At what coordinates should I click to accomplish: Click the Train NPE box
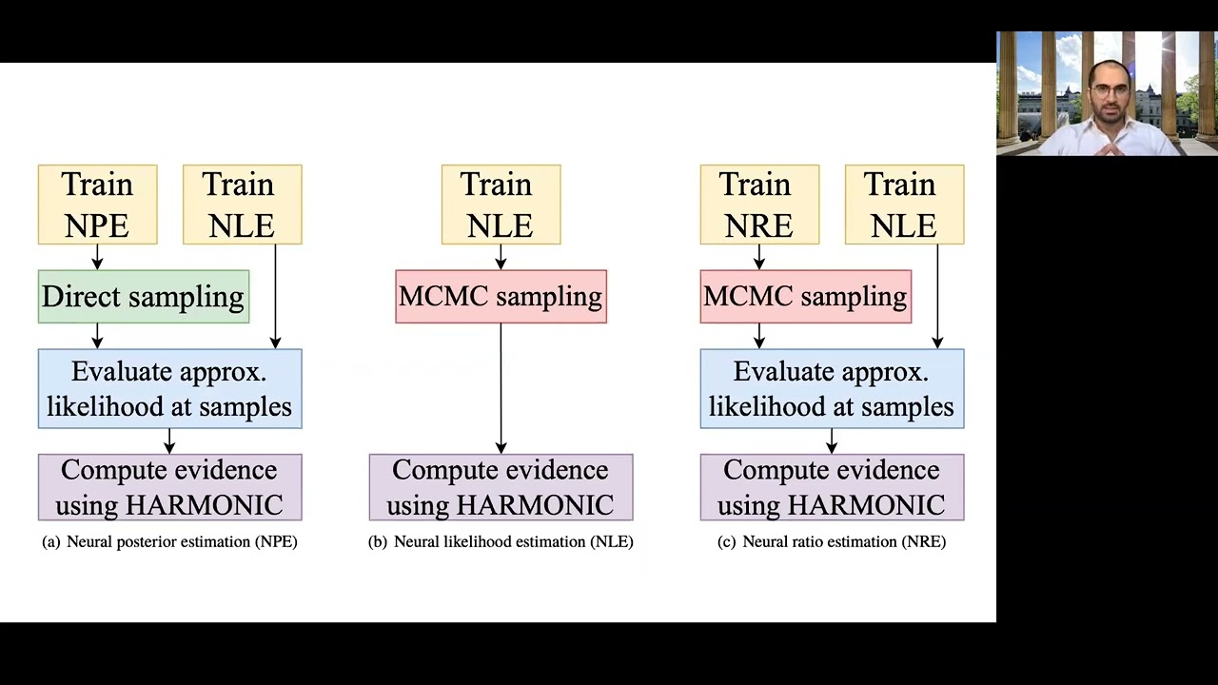97,205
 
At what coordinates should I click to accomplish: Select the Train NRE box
759,205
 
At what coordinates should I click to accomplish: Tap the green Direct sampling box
144,297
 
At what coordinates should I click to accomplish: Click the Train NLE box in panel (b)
501,205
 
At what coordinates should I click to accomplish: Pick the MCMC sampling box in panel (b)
501,297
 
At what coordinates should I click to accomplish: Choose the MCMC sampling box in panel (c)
805,297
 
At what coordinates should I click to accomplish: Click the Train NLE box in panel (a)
242,205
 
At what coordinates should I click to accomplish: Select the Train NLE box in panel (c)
904,205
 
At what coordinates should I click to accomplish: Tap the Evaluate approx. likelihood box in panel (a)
169,388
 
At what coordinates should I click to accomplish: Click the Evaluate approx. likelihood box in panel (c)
832,388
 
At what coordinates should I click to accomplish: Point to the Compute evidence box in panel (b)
501,487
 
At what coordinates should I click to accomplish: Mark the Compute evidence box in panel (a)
169,487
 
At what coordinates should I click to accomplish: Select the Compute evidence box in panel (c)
832,487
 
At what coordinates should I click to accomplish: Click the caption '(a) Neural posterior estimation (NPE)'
169,541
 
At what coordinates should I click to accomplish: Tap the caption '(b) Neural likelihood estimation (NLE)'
501,541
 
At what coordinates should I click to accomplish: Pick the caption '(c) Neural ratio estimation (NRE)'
832,541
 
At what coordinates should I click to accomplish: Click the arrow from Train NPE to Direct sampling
97,257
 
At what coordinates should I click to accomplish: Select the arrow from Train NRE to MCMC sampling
759,257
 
